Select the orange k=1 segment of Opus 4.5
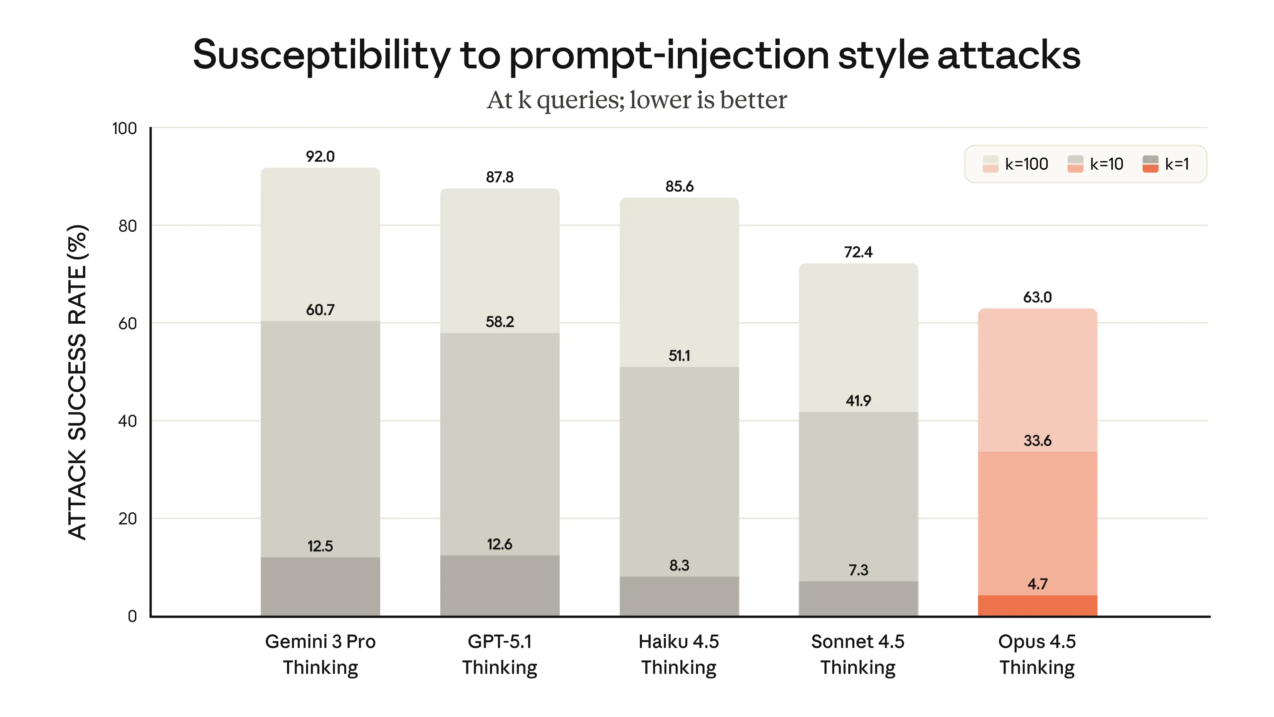1037,606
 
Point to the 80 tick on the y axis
127,226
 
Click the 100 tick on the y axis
124,129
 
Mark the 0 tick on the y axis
132,616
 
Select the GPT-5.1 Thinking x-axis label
500,654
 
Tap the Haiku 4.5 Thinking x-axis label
678,654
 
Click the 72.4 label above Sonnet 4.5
858,252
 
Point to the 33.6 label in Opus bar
1037,440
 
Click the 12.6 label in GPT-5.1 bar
500,544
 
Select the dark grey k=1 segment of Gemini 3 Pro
320,587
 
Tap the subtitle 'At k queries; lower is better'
637,101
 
